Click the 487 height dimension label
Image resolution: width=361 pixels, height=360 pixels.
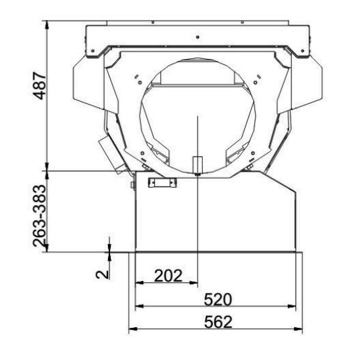pyautogui.click(x=40, y=86)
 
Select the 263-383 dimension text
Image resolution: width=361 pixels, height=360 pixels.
pyautogui.click(x=40, y=216)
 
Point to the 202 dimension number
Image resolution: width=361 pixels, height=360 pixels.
pyautogui.click(x=168, y=276)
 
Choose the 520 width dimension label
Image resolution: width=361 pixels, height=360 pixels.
pyautogui.click(x=218, y=299)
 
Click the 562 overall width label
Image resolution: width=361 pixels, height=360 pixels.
pyautogui.click(x=218, y=322)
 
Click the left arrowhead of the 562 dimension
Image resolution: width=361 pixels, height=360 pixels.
pyautogui.click(x=133, y=329)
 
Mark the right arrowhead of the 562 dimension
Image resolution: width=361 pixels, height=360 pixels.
pyautogui.click(x=298, y=329)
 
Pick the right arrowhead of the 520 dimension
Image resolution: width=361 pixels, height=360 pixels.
pyautogui.click(x=291, y=306)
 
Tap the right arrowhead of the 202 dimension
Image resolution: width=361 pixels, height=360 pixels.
pyautogui.click(x=193, y=282)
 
